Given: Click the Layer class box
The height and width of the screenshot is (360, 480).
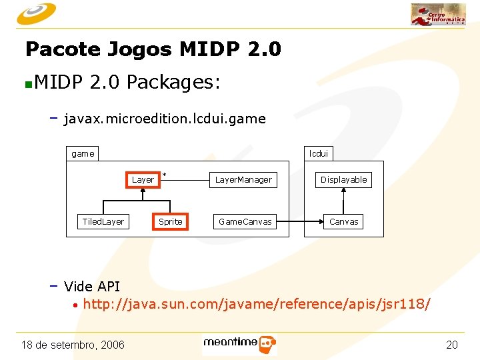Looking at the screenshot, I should pos(143,179).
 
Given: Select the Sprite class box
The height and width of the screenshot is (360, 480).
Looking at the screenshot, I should pos(170,221).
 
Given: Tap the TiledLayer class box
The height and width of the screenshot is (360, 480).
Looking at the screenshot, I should pos(103,221).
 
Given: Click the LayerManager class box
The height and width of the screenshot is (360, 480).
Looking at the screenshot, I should pos(243,179).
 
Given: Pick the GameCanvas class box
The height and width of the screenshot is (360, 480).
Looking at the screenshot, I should pos(245,221).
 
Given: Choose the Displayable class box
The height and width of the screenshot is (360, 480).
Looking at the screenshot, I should pos(343,179).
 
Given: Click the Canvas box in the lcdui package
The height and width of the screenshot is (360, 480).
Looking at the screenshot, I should pos(343,221).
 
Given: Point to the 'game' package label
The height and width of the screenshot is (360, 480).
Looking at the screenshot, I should pos(83,153).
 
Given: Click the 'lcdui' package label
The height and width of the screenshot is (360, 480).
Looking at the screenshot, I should pos(319,153).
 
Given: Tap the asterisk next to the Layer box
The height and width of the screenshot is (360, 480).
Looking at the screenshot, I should pos(165,175).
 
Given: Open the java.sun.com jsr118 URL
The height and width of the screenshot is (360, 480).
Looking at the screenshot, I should pos(257,304).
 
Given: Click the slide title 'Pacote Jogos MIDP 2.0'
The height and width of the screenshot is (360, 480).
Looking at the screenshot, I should pos(153,49).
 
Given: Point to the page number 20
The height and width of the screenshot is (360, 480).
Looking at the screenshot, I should pos(451,345).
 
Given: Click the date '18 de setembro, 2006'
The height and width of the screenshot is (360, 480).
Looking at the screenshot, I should pos(73,345).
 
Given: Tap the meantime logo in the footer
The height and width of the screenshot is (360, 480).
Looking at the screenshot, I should pos(239,343).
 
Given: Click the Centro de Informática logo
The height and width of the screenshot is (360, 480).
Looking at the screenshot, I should pos(438,14).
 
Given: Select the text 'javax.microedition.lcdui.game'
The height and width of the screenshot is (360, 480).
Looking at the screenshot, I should pos(165,119).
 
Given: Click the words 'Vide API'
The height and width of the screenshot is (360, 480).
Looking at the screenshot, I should pos(92,287).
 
